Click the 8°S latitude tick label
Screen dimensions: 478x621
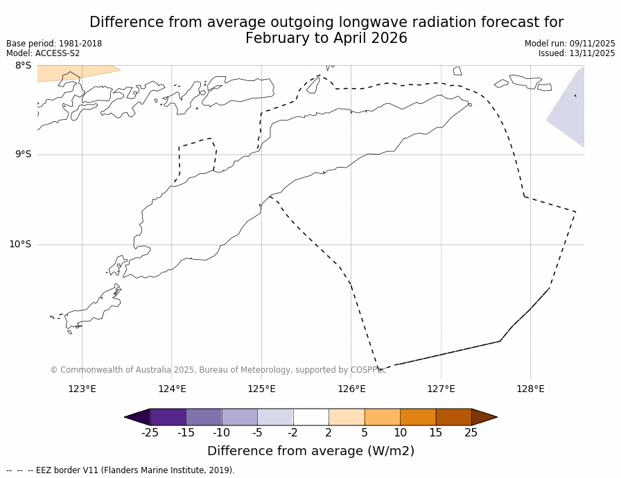coord(23,66)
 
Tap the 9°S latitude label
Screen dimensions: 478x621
coord(23,154)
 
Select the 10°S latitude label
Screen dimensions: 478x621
coord(20,244)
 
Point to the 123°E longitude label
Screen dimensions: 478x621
coord(82,389)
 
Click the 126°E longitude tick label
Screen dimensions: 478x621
coord(351,389)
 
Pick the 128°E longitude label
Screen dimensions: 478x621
coord(530,389)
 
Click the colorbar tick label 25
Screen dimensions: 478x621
coord(471,433)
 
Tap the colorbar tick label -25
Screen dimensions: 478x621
coord(149,433)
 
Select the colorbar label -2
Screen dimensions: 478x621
coord(292,433)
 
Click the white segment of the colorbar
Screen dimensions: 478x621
coord(310,417)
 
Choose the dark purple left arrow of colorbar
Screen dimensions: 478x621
coord(137,417)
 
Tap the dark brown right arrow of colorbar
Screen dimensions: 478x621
coord(484,417)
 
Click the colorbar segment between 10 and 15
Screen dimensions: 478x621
coord(418,417)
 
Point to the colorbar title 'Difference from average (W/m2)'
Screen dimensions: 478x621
coord(310,451)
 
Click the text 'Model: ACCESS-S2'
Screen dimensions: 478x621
coord(43,53)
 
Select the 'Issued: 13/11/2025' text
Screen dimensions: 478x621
coord(577,53)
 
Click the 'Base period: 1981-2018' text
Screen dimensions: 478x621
coord(54,44)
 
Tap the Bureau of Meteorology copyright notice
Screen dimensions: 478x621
coord(218,370)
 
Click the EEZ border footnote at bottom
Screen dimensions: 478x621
coord(121,470)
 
